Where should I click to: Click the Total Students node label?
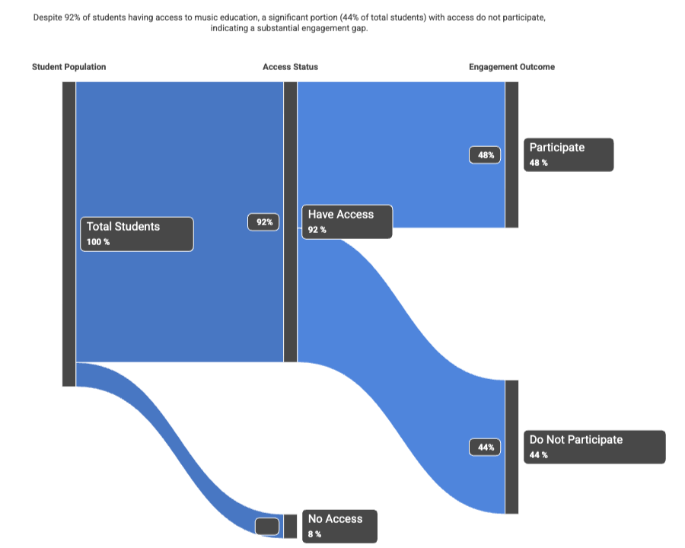point(136,234)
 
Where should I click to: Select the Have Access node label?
point(347,221)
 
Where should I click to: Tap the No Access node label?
point(339,526)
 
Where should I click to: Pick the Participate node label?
point(568,155)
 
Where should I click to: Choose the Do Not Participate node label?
point(594,447)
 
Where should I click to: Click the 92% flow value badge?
point(264,222)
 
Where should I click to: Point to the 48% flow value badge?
point(486,155)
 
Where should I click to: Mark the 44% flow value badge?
point(486,448)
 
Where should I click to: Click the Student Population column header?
point(68,67)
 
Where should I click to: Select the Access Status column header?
point(290,67)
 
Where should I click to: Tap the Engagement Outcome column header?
point(511,67)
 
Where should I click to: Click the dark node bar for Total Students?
point(68,234)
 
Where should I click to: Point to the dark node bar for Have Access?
point(290,221)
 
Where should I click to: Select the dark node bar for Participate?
point(511,155)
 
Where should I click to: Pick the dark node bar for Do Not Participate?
point(511,447)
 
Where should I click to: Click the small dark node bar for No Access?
point(290,526)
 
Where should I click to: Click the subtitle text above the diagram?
point(289,22)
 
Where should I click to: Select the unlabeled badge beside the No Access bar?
point(267,526)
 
